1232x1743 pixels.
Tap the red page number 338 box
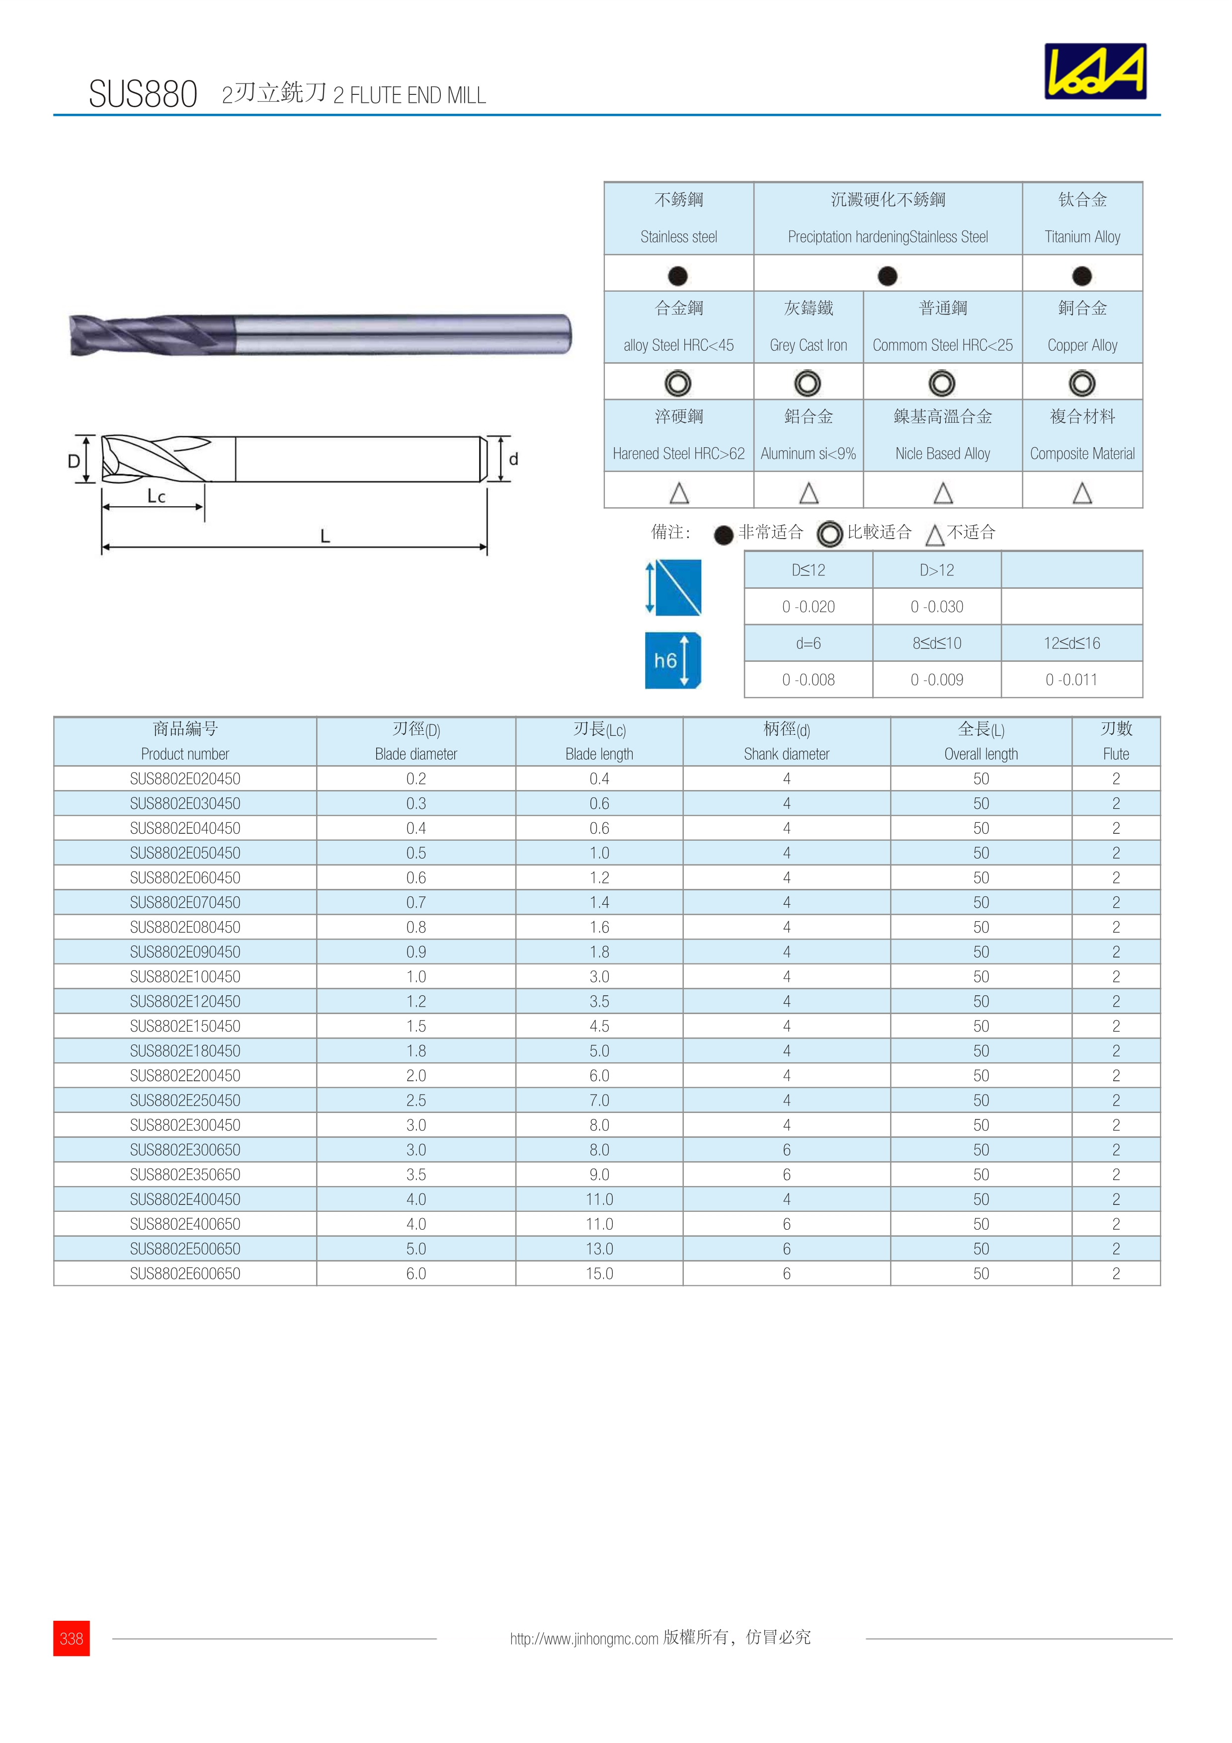pos(72,1638)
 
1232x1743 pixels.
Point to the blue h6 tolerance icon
pos(672,660)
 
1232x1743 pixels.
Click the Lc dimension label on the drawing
pos(157,496)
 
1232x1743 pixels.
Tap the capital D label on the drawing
pos(74,460)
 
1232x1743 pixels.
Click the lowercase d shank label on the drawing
pos(514,459)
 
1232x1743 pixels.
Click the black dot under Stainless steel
pos(678,276)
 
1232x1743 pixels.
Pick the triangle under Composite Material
pos(1082,493)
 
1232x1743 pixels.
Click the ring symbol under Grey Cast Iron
pos(808,384)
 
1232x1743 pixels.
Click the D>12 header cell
pos(937,570)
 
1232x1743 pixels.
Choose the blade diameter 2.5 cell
pos(416,1100)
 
